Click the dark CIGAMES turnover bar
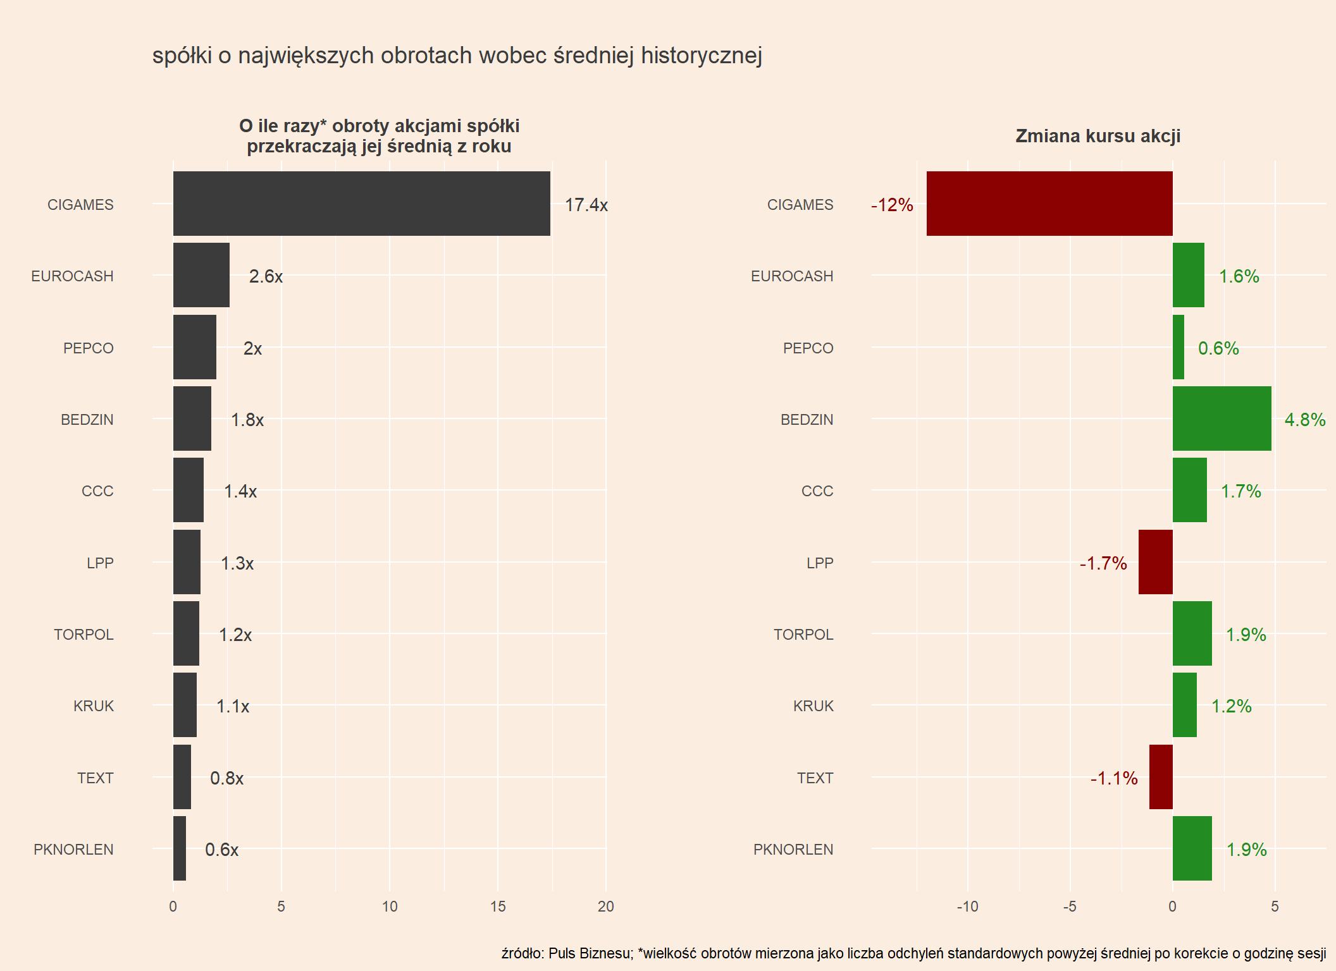pyautogui.click(x=361, y=204)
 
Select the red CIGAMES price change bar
pyautogui.click(x=1049, y=204)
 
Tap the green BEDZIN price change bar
pyautogui.click(x=1222, y=418)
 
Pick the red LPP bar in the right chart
pyautogui.click(x=1155, y=562)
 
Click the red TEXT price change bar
pyautogui.click(x=1161, y=777)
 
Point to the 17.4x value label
pyautogui.click(x=586, y=205)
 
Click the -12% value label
pyautogui.click(x=892, y=205)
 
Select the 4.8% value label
pyautogui.click(x=1304, y=420)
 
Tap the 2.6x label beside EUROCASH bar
pyautogui.click(x=266, y=276)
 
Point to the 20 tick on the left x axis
pyautogui.click(x=605, y=907)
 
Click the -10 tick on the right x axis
pyautogui.click(x=967, y=907)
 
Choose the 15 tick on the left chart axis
pyautogui.click(x=498, y=907)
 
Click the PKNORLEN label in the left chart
pyautogui.click(x=73, y=850)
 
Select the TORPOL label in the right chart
pyautogui.click(x=803, y=635)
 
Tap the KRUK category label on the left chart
pyautogui.click(x=94, y=706)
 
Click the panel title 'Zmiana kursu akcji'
pyautogui.click(x=1098, y=136)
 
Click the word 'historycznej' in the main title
pyautogui.click(x=701, y=56)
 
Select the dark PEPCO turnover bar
pyautogui.click(x=195, y=347)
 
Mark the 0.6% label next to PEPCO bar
pyautogui.click(x=1218, y=348)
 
